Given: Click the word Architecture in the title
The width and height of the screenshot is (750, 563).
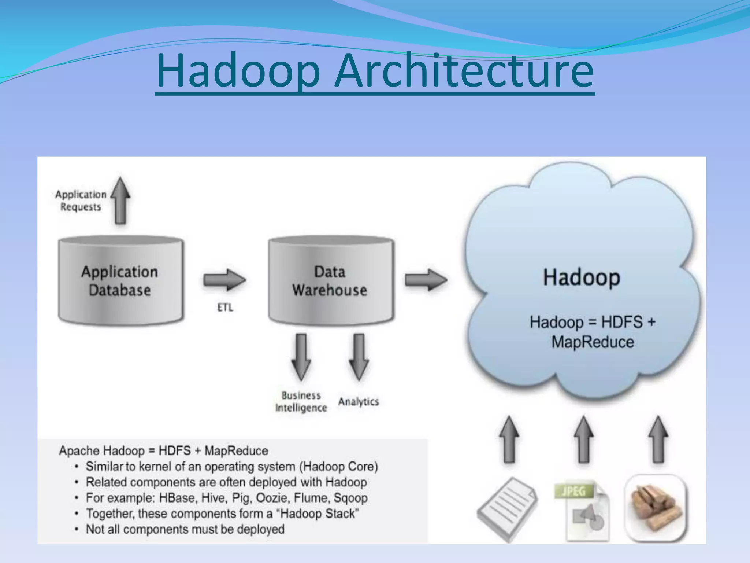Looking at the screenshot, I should (x=464, y=70).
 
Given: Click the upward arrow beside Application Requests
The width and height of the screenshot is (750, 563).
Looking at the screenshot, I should (x=120, y=201).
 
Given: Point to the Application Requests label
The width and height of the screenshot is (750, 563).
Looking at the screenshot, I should (x=81, y=200).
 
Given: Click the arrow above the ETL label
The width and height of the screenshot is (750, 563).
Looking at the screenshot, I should (x=224, y=280).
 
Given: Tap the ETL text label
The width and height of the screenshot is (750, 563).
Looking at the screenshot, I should (x=225, y=308).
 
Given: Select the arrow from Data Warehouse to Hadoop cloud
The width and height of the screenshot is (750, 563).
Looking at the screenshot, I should (x=426, y=280).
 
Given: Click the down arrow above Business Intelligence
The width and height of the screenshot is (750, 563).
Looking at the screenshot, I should (x=301, y=357).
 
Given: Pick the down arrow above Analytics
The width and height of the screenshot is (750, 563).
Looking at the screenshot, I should (x=359, y=357).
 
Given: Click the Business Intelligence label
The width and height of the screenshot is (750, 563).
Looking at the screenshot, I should (x=301, y=402).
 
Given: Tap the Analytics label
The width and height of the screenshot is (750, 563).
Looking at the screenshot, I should (x=359, y=402).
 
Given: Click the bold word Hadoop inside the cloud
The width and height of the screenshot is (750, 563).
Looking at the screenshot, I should (x=582, y=277).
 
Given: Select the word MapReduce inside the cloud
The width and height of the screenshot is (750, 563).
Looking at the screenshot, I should (x=593, y=342).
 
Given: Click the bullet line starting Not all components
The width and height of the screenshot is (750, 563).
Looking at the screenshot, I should (x=185, y=529).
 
